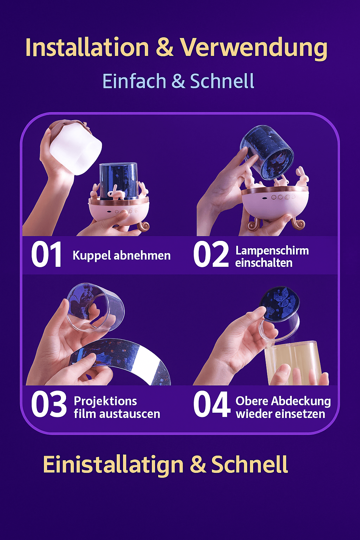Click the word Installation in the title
tap(87, 47)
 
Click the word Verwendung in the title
tap(254, 47)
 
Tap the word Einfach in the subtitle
tap(134, 81)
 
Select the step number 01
tap(46, 255)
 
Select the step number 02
tap(211, 255)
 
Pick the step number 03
tap(49, 405)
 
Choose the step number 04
tap(212, 405)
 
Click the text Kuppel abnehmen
tap(121, 255)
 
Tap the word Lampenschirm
tap(272, 251)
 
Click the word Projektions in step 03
tap(105, 401)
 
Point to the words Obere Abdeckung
tap(283, 401)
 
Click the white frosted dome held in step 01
tap(76, 148)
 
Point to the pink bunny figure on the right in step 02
tap(302, 178)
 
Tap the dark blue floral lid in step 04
tap(279, 304)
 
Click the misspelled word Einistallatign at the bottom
tap(113, 465)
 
